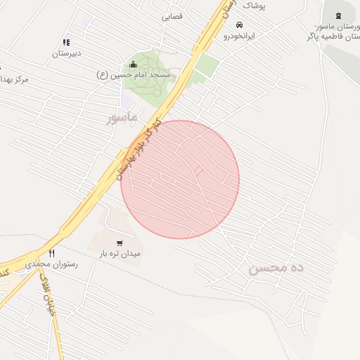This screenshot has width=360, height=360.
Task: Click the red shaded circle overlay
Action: tap(180, 179)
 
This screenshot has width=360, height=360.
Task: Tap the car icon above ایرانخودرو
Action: tap(240, 25)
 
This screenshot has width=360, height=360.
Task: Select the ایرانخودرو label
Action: tap(240, 35)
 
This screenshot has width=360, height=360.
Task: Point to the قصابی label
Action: tap(172, 15)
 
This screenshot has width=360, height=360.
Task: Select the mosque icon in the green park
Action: tap(133, 65)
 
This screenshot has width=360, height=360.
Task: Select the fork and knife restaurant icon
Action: tap(51, 254)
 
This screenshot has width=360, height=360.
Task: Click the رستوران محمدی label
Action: tap(51, 264)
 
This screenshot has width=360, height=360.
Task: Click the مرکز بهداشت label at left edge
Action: tap(13, 79)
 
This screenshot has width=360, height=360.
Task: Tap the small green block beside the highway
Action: tap(206, 66)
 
